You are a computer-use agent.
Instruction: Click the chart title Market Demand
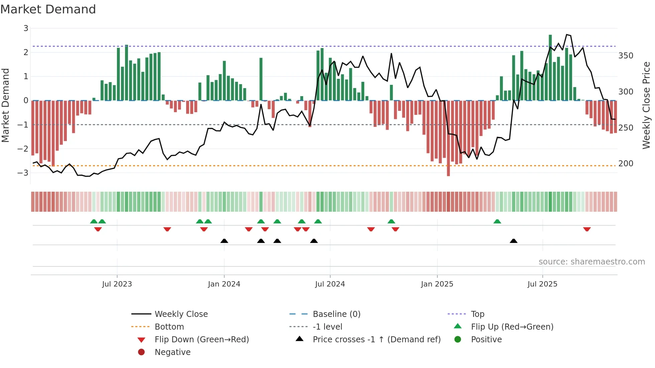coord(48,9)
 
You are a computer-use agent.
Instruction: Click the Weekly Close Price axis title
coord(646,105)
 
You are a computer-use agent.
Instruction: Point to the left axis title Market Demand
coord(5,105)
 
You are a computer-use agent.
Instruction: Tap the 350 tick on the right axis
coord(626,56)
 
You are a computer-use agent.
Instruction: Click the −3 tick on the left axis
coord(23,173)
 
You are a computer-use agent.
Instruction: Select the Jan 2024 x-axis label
coord(224,284)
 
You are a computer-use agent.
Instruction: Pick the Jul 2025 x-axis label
coord(542,284)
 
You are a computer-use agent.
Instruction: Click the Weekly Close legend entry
coord(181,314)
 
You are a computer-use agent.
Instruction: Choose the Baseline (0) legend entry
coord(336,314)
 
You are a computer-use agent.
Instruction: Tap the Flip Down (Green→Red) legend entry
coord(202,340)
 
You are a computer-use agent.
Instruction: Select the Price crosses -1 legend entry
coord(376,340)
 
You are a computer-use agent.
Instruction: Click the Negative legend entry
coord(172,352)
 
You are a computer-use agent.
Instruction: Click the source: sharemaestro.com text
coord(592,262)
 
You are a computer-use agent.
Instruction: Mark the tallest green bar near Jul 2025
coord(550,67)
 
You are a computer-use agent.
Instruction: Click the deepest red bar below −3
coord(448,139)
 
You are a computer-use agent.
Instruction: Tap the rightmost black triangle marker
coord(514,241)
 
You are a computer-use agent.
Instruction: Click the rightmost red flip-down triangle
coord(587,229)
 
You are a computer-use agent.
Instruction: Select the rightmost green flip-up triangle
coord(497,221)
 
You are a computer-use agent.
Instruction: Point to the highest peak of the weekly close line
coord(567,35)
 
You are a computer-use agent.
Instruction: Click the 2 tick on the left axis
coord(26,52)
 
